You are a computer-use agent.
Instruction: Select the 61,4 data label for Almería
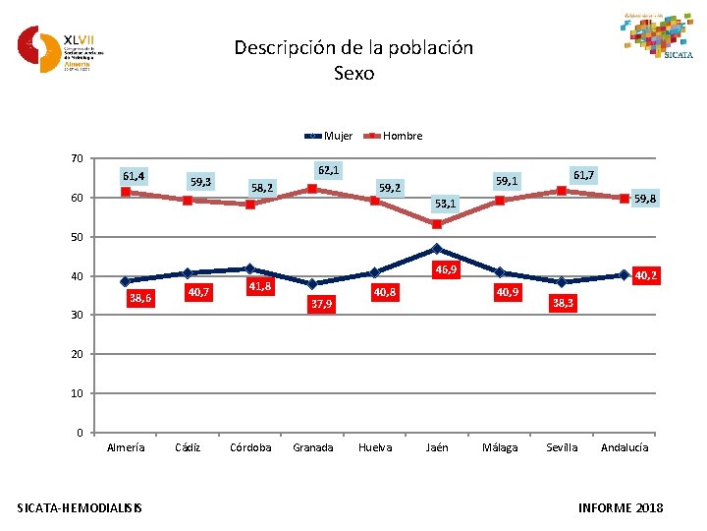coord(134,176)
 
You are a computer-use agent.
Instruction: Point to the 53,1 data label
coord(446,205)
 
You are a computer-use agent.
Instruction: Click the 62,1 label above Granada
coord(328,170)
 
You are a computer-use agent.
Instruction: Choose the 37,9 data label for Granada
coord(321,304)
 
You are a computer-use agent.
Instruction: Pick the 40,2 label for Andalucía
coord(646,276)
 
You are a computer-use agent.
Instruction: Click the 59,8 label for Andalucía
coord(646,199)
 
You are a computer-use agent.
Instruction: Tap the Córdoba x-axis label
coord(250,447)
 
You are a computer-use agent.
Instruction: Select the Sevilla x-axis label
coord(562,447)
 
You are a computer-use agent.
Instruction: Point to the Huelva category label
coord(375,447)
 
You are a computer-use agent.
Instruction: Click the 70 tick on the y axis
coord(76,158)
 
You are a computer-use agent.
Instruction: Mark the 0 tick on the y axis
coord(79,433)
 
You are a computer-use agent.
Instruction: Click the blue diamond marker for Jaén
coord(437,249)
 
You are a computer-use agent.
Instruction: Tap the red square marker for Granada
coord(312,189)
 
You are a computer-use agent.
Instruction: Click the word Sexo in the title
coord(353,73)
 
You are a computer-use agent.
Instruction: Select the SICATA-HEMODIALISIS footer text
coord(80,507)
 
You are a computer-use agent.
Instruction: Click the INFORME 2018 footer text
coord(622,507)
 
